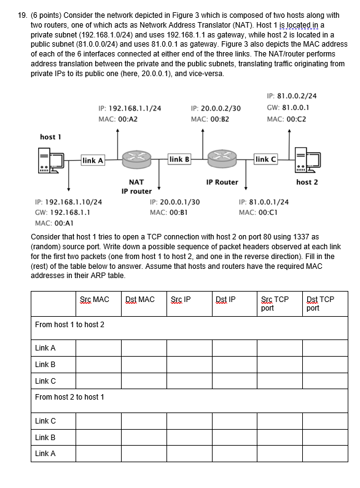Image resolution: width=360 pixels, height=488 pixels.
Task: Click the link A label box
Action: [93, 161]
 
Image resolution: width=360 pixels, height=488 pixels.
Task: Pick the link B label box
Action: [178, 160]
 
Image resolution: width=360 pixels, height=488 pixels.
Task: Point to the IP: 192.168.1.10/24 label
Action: [69, 201]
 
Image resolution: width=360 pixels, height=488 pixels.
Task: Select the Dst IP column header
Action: [225, 300]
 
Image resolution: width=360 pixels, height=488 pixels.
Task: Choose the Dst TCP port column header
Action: [320, 303]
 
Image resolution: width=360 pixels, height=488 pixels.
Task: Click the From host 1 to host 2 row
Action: [70, 324]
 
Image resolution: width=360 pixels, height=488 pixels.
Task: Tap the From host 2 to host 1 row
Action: [70, 397]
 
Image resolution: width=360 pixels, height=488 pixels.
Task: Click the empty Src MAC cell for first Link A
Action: [98, 348]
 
